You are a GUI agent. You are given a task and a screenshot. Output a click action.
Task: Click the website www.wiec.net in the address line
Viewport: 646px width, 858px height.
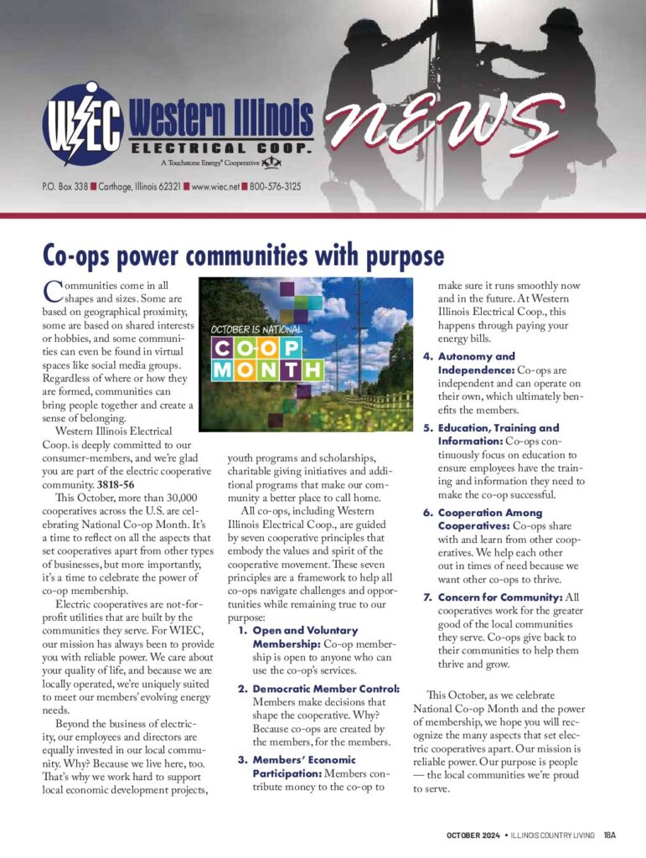point(215,186)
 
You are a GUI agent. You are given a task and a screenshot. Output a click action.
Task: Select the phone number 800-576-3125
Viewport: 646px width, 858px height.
point(276,186)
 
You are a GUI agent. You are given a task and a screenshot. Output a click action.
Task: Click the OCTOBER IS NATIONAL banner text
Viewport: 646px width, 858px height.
point(256,329)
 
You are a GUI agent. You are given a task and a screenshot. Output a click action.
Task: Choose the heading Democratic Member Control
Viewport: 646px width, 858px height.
point(326,689)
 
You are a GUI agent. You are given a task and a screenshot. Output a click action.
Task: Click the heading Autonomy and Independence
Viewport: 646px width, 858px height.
point(477,363)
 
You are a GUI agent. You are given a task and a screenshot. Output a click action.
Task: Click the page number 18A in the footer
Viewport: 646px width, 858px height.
point(609,835)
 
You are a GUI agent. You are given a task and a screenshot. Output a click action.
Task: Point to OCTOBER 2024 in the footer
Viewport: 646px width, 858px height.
point(472,835)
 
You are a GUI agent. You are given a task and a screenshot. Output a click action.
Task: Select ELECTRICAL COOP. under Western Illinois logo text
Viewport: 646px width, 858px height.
point(222,147)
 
